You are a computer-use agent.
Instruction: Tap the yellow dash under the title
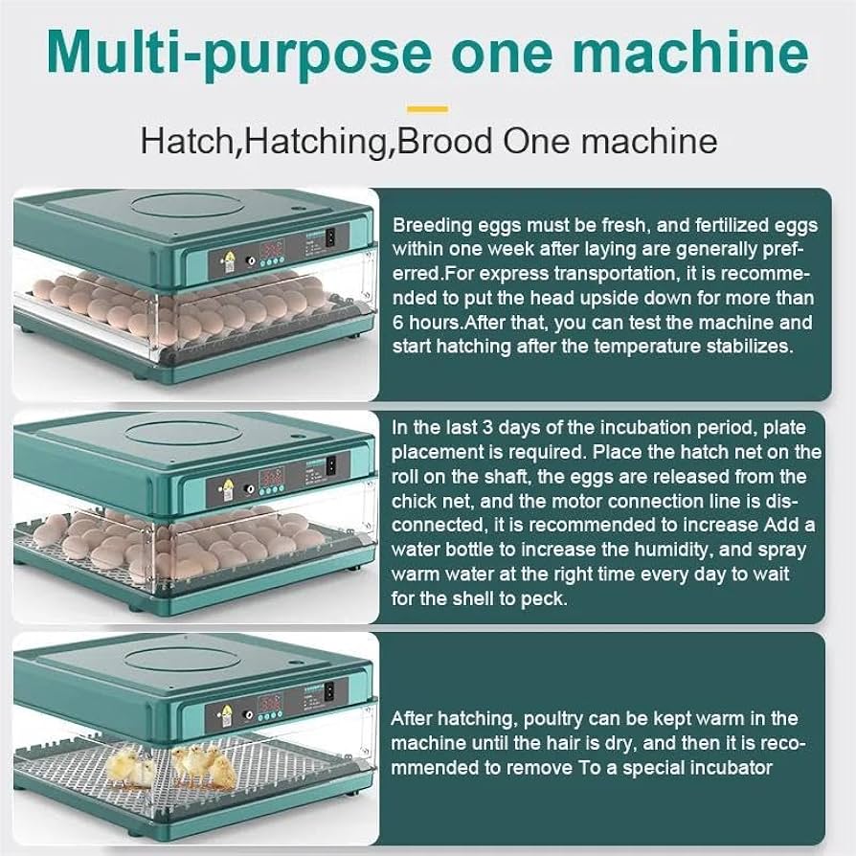427,109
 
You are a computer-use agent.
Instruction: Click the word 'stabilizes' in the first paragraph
753,347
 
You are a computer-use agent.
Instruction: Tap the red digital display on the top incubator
272,248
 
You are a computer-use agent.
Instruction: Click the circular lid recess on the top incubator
184,204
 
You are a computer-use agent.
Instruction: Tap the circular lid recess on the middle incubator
184,433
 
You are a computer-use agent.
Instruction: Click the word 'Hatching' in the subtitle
318,141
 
